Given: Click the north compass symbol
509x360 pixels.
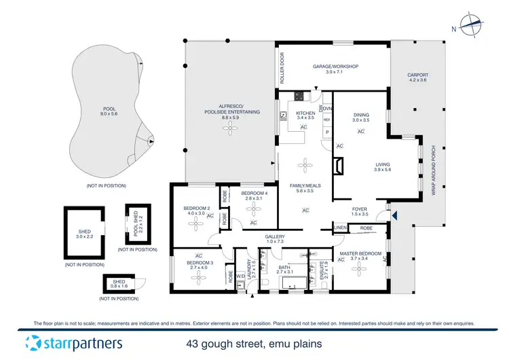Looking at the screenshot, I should click(x=470, y=24).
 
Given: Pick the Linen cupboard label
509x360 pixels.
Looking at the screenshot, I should click(x=340, y=227).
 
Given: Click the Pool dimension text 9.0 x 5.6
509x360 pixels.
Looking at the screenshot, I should click(x=109, y=114).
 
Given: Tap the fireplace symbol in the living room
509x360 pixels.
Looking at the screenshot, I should click(x=339, y=166).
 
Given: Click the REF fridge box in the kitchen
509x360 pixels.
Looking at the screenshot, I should click(x=326, y=120).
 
